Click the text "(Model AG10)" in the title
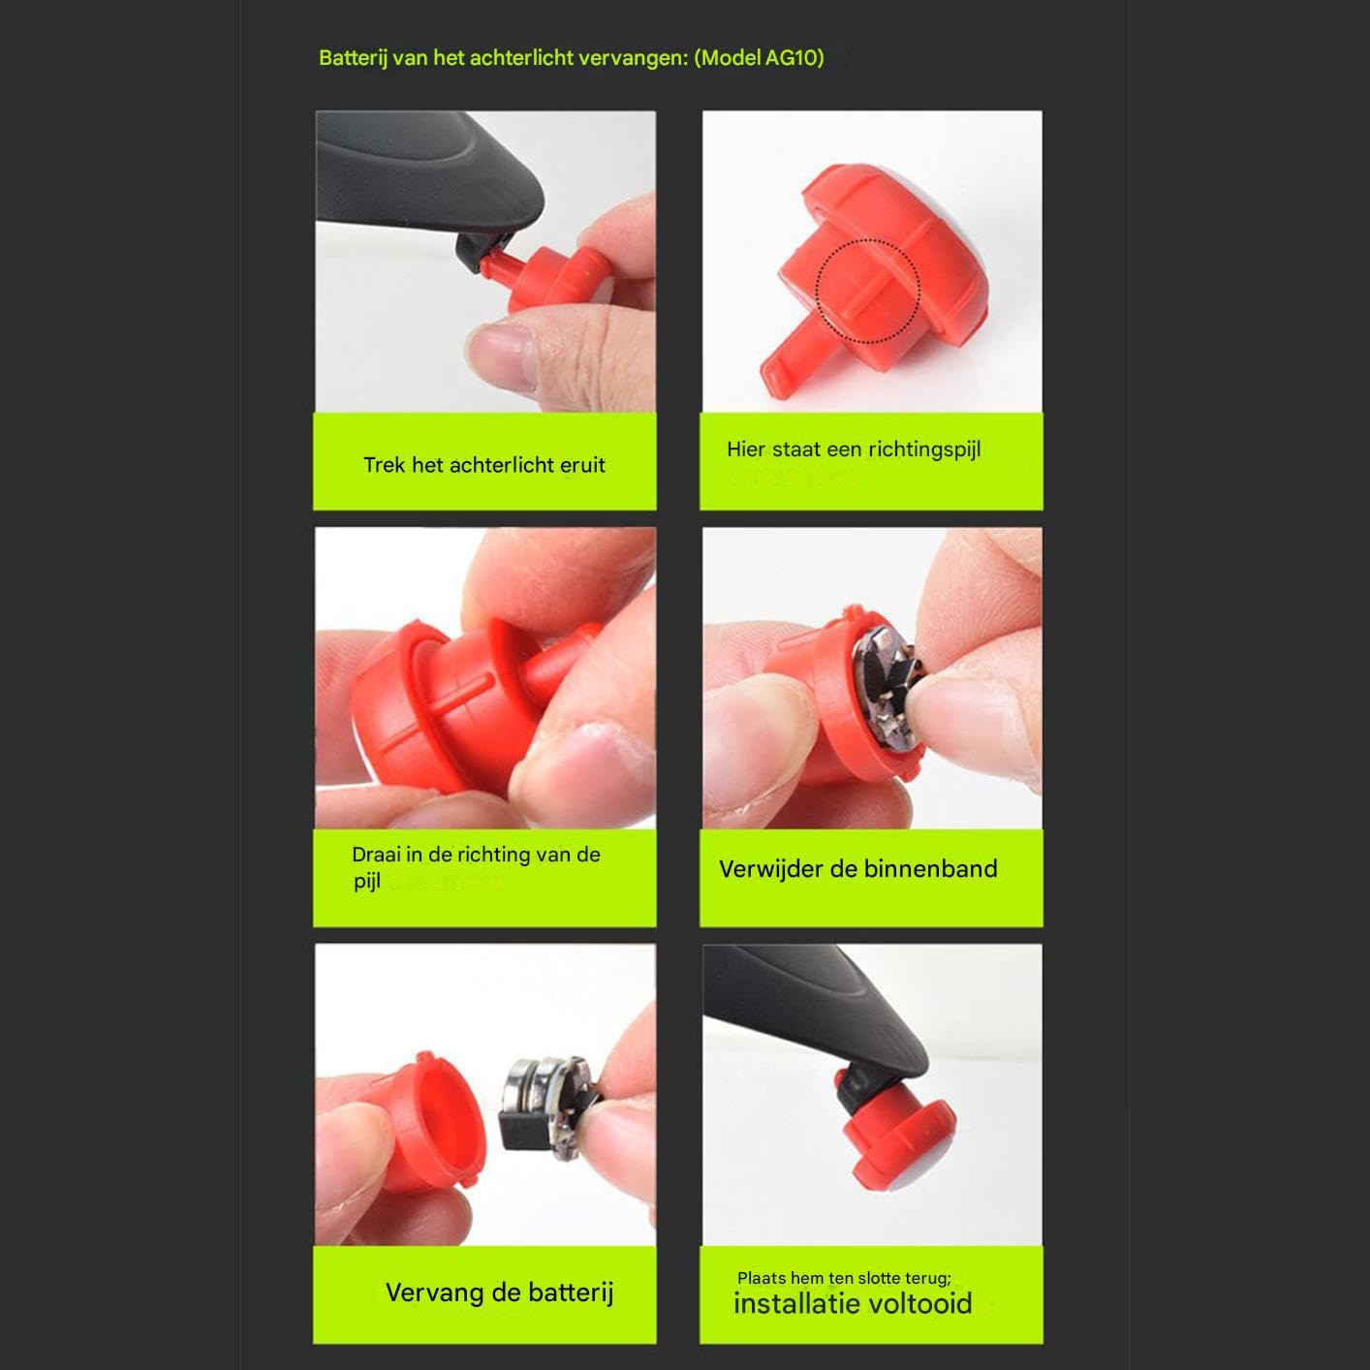tap(760, 57)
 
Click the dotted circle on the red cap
tap(867, 291)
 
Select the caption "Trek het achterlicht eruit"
tap(484, 465)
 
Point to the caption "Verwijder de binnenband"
tap(858, 869)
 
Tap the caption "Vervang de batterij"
tap(499, 1292)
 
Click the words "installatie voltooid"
tap(853, 1303)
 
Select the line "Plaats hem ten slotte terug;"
tap(844, 1278)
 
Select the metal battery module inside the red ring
tap(888, 688)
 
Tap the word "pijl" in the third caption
tap(367, 882)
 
